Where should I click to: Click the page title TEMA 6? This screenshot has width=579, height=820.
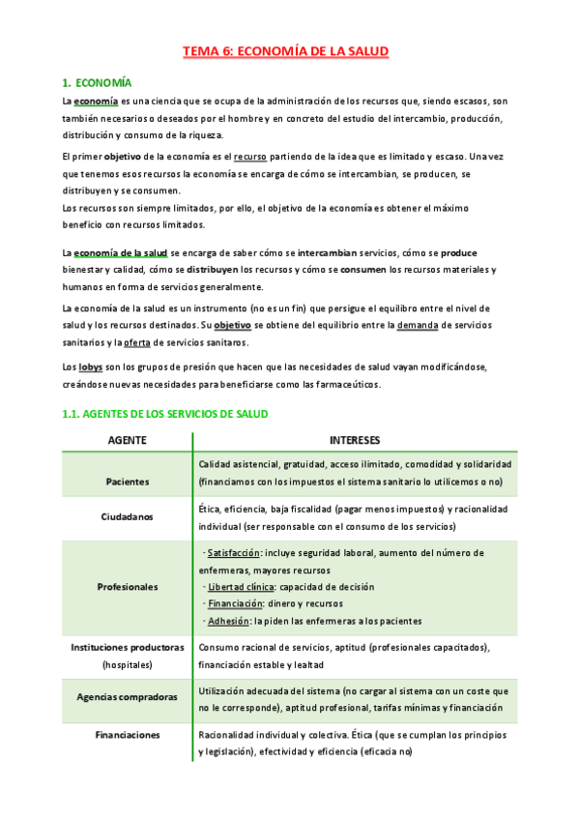coord(288,53)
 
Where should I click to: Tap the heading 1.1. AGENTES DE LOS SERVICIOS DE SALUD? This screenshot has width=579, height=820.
coord(163,413)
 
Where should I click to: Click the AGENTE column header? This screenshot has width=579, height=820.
coord(127,440)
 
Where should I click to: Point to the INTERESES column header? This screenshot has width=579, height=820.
coord(354,440)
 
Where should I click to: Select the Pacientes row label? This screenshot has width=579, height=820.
coord(127,481)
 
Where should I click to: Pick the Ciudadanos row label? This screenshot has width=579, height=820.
coord(127,516)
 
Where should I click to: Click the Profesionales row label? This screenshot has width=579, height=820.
coord(127,586)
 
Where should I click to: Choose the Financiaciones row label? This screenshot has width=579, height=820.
coord(127,735)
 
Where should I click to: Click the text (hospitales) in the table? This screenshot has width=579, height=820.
coord(127,664)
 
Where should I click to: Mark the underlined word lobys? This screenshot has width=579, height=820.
coord(91,367)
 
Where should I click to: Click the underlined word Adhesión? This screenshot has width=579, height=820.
coord(228,621)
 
